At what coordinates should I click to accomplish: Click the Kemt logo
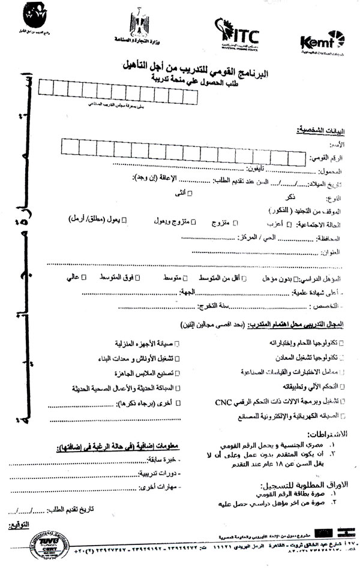click(322, 41)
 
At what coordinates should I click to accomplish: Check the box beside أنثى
click(190, 194)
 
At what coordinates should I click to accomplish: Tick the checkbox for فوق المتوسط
click(139, 278)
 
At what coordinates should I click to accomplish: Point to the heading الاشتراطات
click(325, 433)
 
